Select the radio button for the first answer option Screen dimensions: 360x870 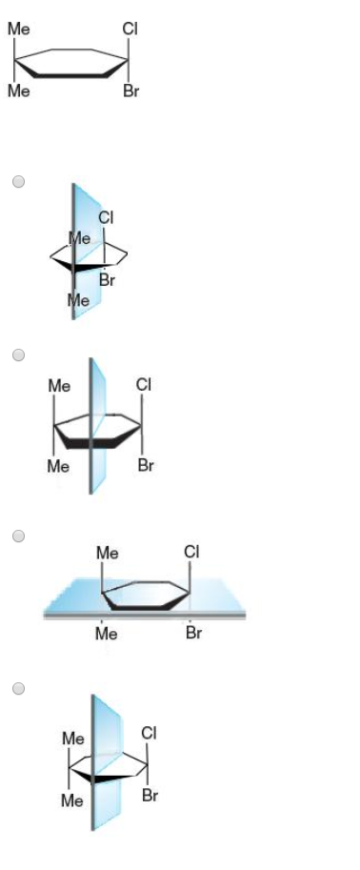pyautogui.click(x=18, y=181)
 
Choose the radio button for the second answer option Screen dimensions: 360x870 pyautogui.click(x=18, y=354)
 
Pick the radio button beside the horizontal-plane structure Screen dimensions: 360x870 pyautogui.click(x=18, y=536)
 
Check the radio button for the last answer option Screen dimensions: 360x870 pyautogui.click(x=18, y=687)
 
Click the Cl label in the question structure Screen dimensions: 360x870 pyautogui.click(x=130, y=30)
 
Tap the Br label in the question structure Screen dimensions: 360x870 pyautogui.click(x=130, y=92)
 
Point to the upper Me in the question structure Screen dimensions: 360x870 pyautogui.click(x=18, y=30)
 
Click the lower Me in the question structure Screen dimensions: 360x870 pyautogui.click(x=18, y=92)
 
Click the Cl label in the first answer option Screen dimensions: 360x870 pyautogui.click(x=106, y=217)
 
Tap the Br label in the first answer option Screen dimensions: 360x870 pyautogui.click(x=108, y=280)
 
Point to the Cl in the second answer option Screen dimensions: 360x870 pyautogui.click(x=144, y=385)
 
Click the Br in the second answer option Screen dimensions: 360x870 pyautogui.click(x=146, y=466)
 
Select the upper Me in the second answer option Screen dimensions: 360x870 pyautogui.click(x=59, y=386)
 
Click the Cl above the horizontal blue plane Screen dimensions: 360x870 pyautogui.click(x=191, y=552)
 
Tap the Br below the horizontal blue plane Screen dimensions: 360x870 pyautogui.click(x=193, y=633)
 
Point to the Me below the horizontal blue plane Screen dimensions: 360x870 pyautogui.click(x=107, y=634)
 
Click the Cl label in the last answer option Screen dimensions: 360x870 pyautogui.click(x=149, y=732)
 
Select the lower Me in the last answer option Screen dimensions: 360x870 pyautogui.click(x=72, y=801)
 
